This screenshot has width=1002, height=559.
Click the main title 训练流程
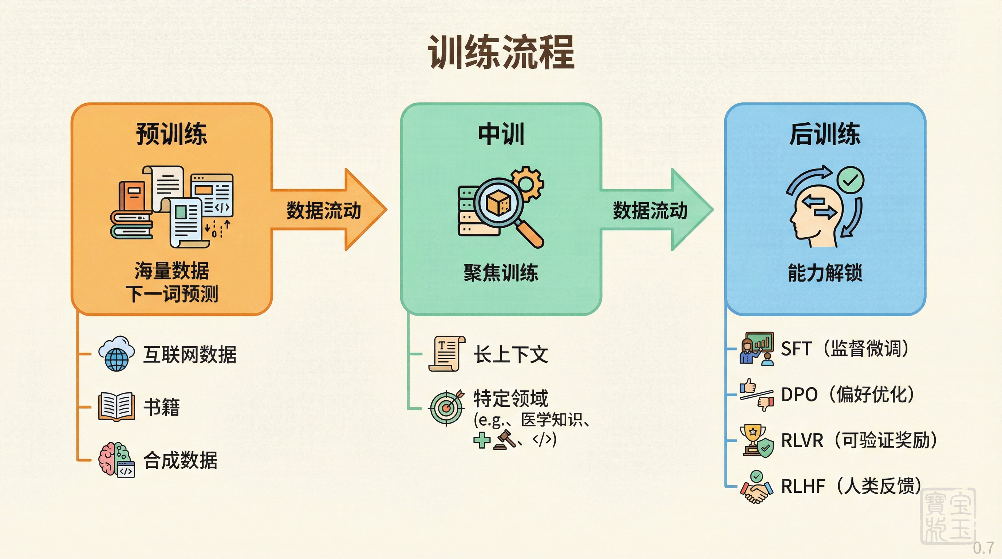[x=501, y=52]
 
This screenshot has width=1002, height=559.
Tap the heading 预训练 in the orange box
[x=171, y=134]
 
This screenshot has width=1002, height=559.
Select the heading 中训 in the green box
[x=501, y=134]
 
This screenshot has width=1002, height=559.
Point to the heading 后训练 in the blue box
[x=825, y=134]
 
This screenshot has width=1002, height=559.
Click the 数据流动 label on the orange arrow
[x=324, y=210]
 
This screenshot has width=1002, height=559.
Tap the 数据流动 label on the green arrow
[x=650, y=210]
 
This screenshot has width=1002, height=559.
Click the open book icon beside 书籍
[x=116, y=407]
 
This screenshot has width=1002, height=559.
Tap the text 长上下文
[x=511, y=354]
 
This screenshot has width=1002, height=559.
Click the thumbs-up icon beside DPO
[x=747, y=386]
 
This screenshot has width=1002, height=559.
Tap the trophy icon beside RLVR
[x=753, y=439]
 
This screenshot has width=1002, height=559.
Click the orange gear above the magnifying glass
[x=528, y=183]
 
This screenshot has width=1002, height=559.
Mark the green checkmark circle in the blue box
[x=850, y=179]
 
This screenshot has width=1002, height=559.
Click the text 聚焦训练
[x=501, y=273]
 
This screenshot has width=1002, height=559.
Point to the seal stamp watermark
[x=948, y=516]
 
